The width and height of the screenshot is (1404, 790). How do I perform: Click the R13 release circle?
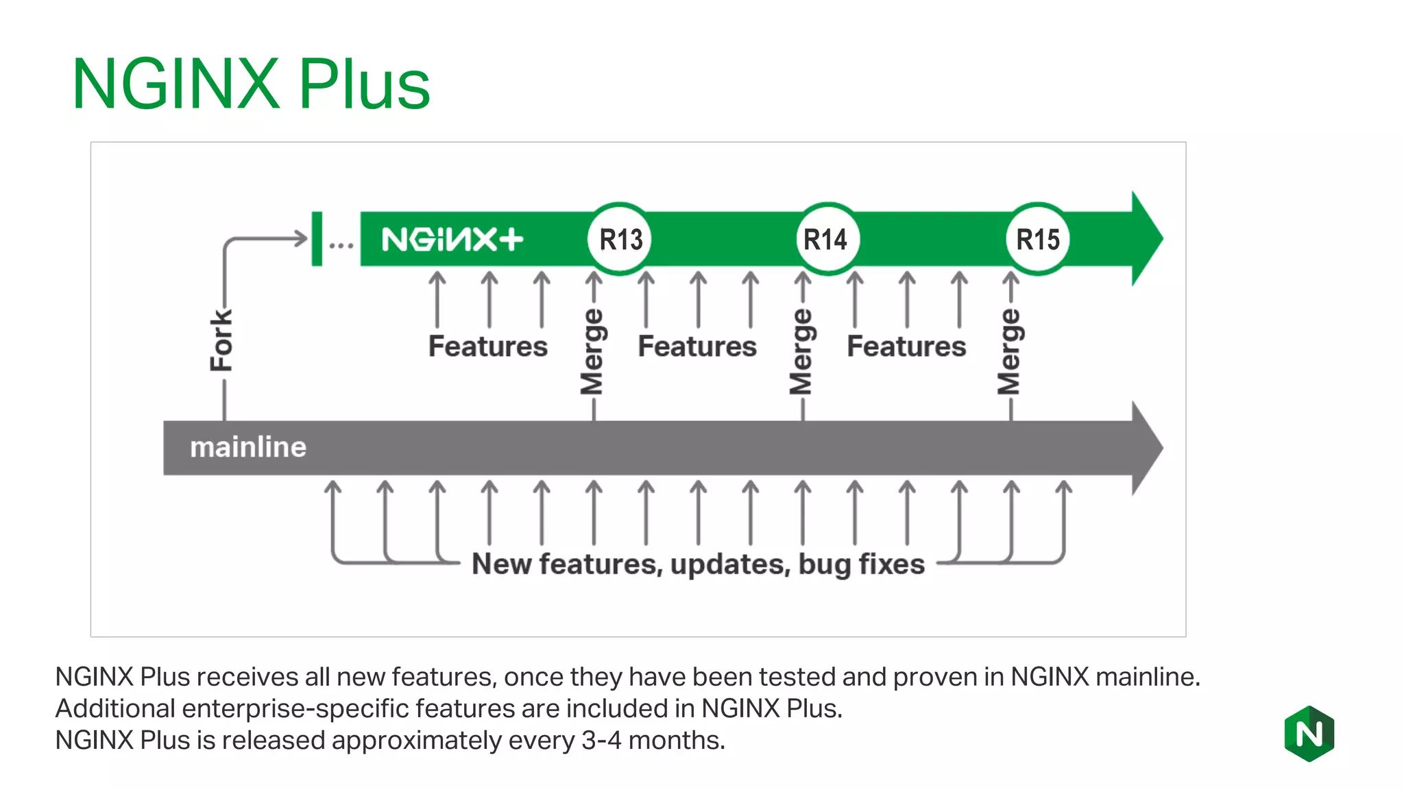(x=620, y=239)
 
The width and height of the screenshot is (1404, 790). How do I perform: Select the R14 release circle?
(x=827, y=239)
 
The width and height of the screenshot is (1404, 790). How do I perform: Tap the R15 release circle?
(x=1038, y=239)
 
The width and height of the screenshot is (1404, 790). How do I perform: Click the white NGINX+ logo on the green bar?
(x=452, y=239)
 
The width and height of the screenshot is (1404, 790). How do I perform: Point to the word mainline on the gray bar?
(x=248, y=447)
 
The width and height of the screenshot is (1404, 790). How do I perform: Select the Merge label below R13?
(x=592, y=352)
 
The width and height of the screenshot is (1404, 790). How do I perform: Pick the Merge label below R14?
(x=801, y=352)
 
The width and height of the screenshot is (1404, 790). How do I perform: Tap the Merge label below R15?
(x=1009, y=352)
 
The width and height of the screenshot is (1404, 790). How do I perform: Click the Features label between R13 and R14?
(x=697, y=346)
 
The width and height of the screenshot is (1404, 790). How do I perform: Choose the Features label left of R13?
(x=488, y=346)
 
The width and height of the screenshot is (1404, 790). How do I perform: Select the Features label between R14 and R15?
(x=906, y=346)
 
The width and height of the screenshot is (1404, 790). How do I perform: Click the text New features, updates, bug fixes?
(x=698, y=564)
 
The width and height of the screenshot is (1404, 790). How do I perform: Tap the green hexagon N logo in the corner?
(x=1309, y=734)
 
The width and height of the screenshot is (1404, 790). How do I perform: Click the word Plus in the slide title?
(x=364, y=84)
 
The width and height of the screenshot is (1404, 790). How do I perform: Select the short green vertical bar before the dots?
(x=317, y=239)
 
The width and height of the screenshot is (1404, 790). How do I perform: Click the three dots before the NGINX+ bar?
(x=341, y=244)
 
